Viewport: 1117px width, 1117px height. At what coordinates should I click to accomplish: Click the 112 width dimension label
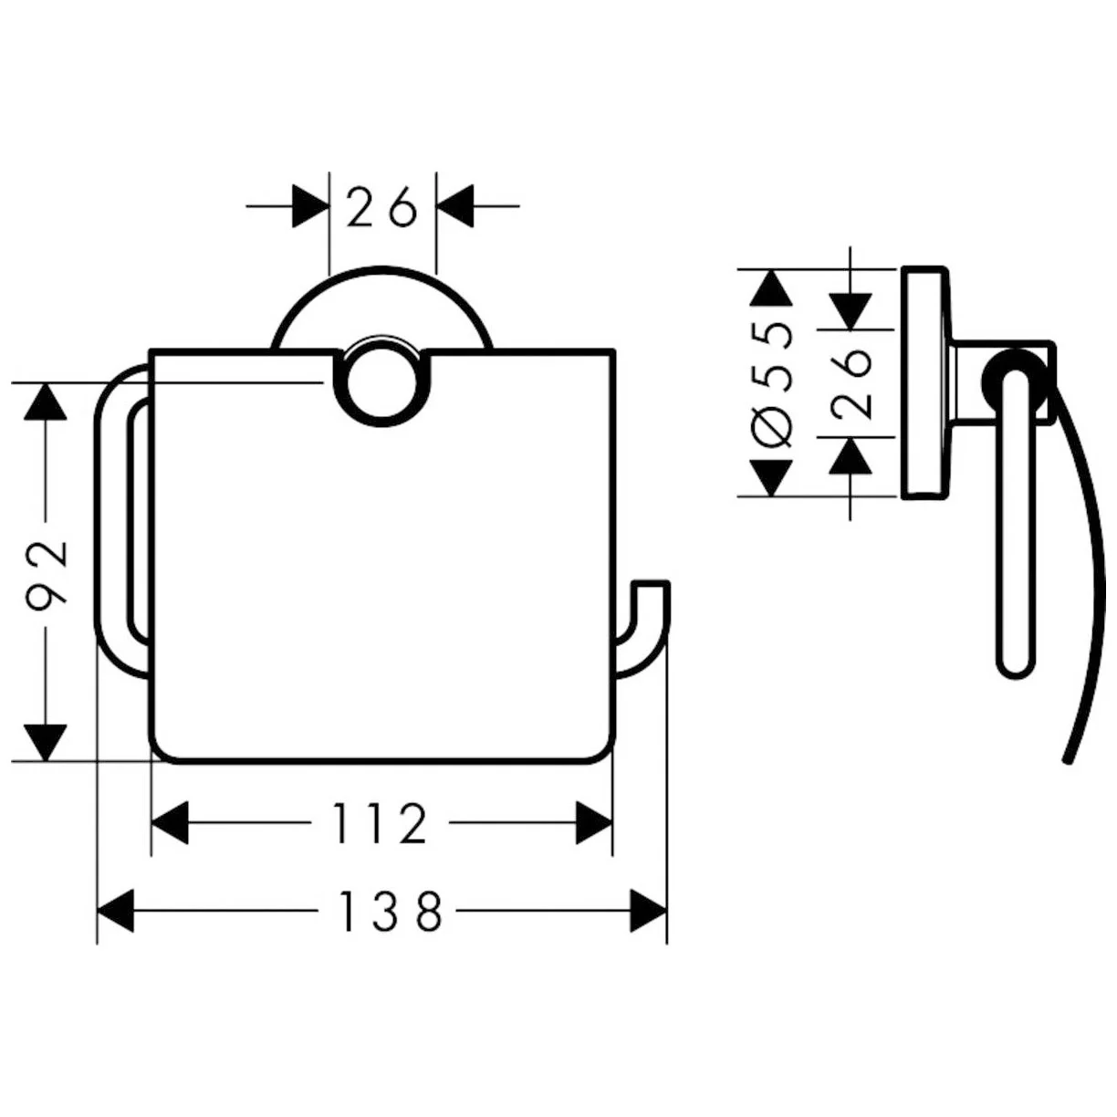pos(381,824)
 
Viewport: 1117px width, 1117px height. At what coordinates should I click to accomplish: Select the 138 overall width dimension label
pos(390,911)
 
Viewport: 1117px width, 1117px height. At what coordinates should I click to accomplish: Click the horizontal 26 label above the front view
pos(381,209)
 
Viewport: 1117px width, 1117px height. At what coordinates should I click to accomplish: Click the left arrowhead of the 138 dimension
pos(115,911)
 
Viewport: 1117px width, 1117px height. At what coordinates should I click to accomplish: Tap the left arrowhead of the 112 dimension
pos(170,823)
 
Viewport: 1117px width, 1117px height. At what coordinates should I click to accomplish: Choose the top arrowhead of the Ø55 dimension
pos(773,287)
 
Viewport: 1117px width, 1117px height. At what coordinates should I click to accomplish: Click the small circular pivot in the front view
pos(382,383)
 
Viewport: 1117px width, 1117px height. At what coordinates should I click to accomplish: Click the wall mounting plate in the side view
pos(924,383)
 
